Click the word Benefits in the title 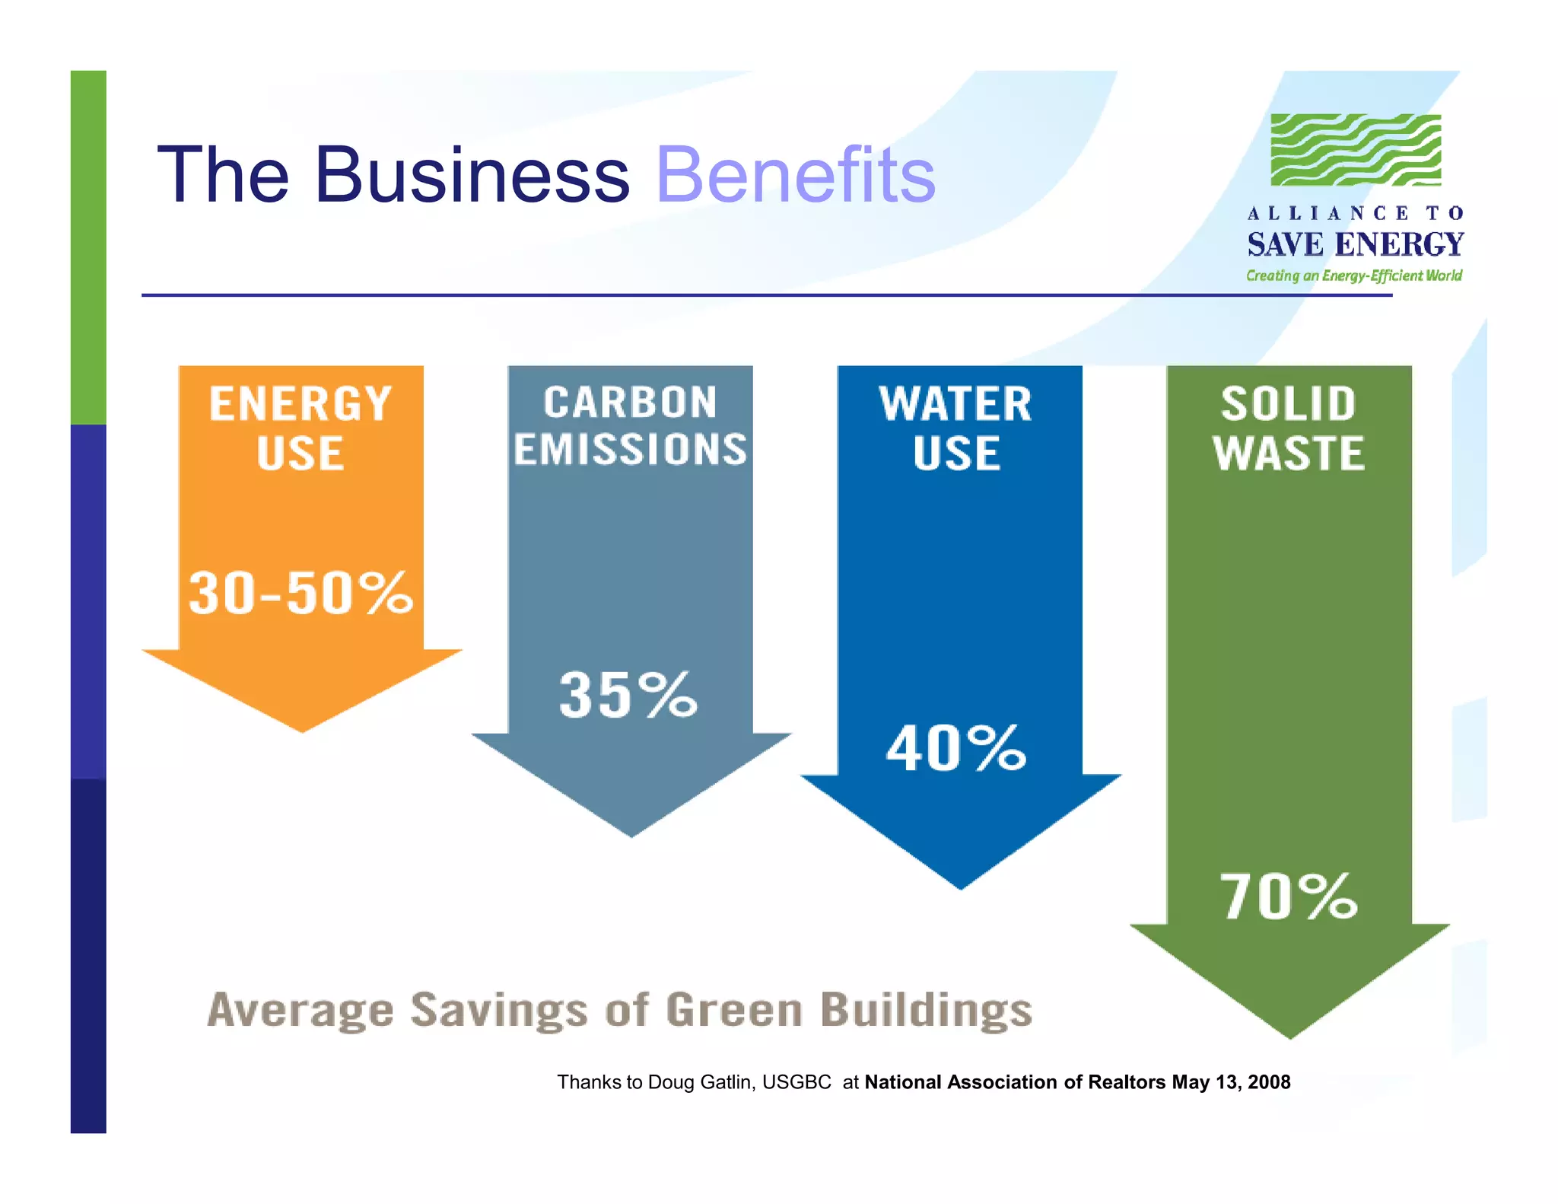(x=795, y=176)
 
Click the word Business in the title (x=472, y=176)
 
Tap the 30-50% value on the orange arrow (x=300, y=593)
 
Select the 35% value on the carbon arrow (x=628, y=695)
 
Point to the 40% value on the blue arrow (x=956, y=749)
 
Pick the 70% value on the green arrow (x=1289, y=897)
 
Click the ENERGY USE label (x=300, y=428)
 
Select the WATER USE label (x=956, y=428)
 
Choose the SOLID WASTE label (x=1289, y=428)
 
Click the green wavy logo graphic (x=1356, y=150)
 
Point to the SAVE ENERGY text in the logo (x=1355, y=244)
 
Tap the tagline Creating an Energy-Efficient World (x=1353, y=276)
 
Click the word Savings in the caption (x=499, y=1010)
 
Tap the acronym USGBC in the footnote (x=796, y=1082)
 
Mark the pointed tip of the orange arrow (x=303, y=729)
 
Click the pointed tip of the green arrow (x=1290, y=1035)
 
